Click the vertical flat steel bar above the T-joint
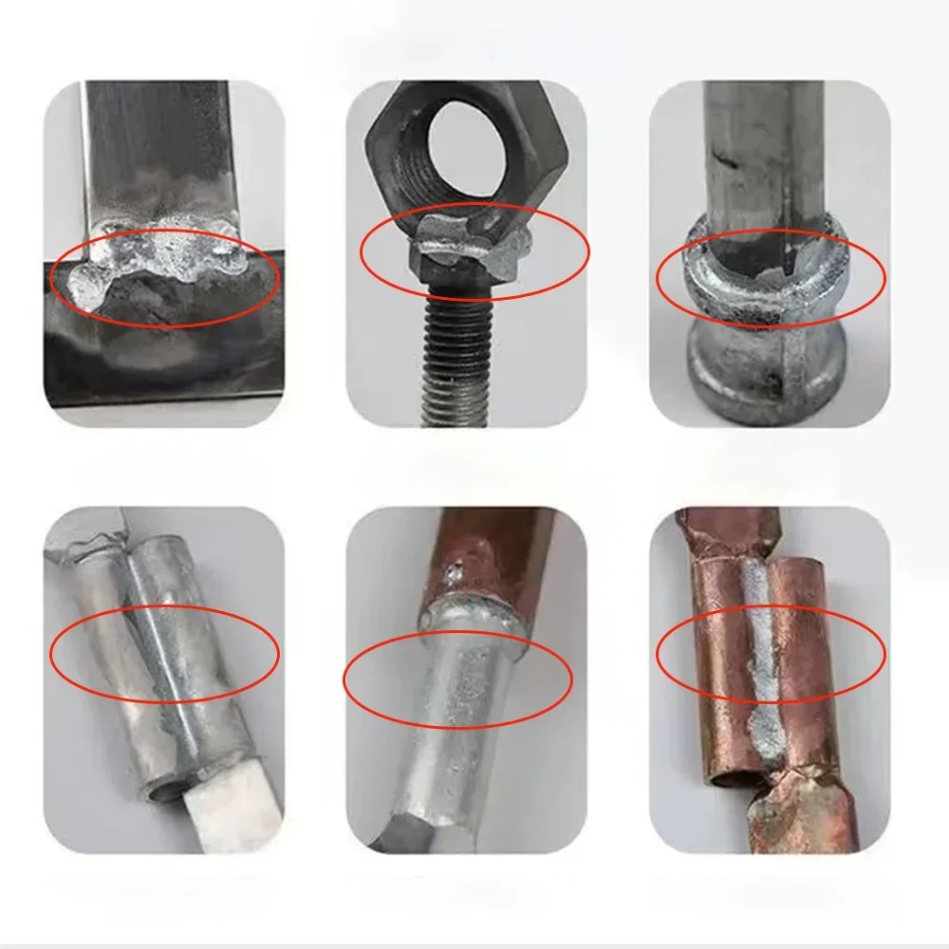pyautogui.click(x=157, y=142)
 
